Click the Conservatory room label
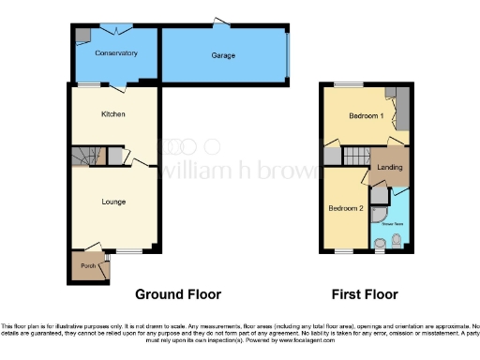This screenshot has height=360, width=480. click(x=116, y=53)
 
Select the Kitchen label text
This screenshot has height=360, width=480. click(x=113, y=114)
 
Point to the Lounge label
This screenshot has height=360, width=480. click(x=113, y=202)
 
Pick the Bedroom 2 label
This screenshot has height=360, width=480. click(x=344, y=206)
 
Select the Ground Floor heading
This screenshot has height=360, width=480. click(x=178, y=294)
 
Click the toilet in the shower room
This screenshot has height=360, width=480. click(x=397, y=243)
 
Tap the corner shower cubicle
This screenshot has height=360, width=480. click(x=379, y=197)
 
